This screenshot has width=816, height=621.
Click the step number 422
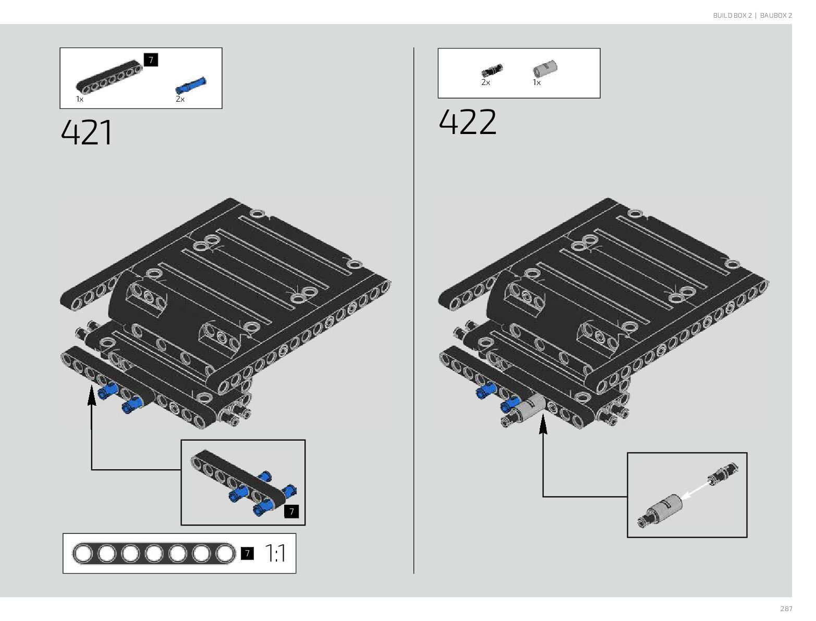coord(467,122)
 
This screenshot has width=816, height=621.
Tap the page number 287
coord(786,608)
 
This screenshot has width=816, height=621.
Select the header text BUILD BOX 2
coord(732,16)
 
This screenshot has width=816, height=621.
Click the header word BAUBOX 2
coord(776,16)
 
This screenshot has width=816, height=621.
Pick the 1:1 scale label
coord(275,553)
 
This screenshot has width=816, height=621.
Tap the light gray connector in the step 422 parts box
coord(545,68)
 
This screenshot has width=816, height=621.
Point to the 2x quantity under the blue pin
coord(180,99)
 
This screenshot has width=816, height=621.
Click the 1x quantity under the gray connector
coord(537,82)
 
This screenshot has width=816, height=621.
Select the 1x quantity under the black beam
coord(80,99)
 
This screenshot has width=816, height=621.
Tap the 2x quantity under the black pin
coord(485,82)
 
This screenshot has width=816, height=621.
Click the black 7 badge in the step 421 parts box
coord(151,60)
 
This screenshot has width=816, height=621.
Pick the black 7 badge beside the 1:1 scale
coord(248,553)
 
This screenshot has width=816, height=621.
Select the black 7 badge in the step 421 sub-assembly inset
coord(291,512)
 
